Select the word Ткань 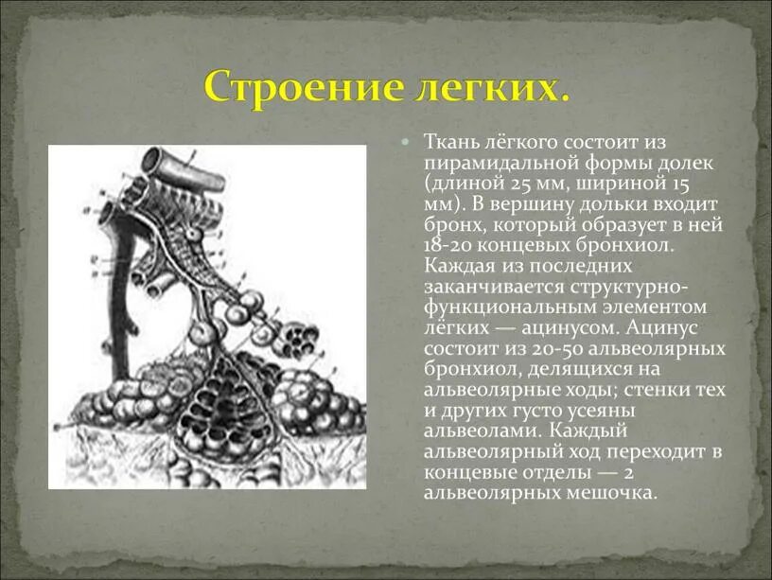450,143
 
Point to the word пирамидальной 491,164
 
